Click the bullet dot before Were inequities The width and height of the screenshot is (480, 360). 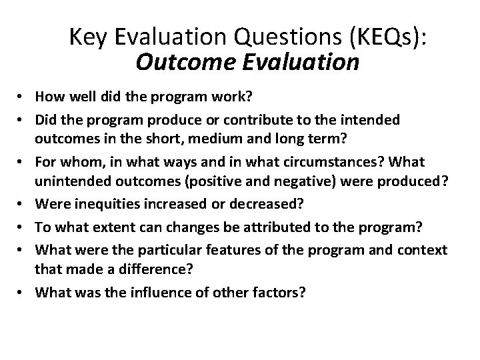tap(23, 203)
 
